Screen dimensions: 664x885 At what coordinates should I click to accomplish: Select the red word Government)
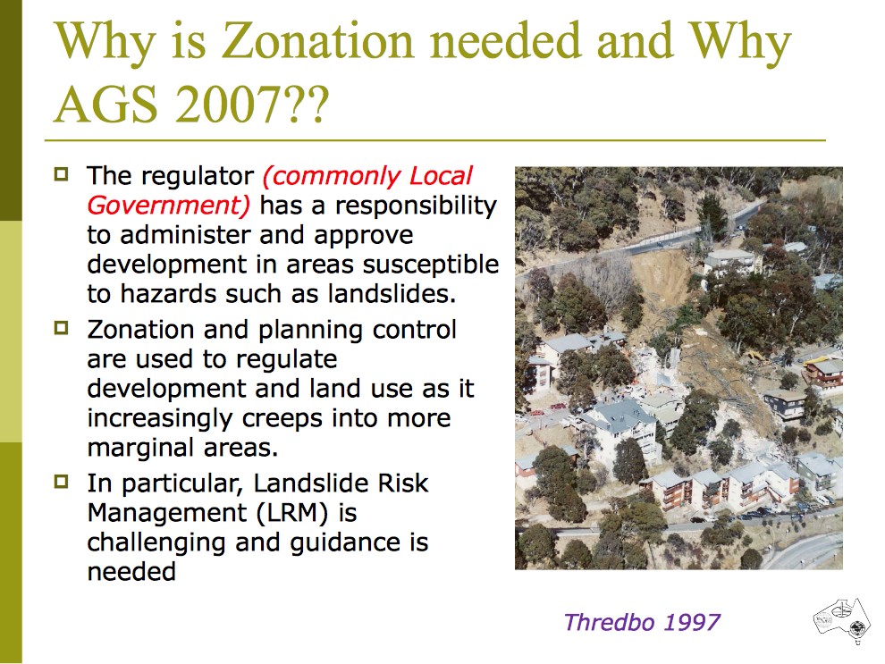point(169,206)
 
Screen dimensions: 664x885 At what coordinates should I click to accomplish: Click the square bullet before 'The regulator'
point(62,173)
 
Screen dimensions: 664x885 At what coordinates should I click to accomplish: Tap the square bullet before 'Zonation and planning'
point(62,328)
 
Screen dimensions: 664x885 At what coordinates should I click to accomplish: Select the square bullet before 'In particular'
point(62,482)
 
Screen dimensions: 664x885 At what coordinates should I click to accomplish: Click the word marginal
point(147,447)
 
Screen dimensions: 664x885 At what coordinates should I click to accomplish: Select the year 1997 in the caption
point(687,622)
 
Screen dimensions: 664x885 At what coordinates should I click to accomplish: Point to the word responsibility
point(416,206)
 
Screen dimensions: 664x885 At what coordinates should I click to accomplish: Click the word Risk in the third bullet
point(399,483)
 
